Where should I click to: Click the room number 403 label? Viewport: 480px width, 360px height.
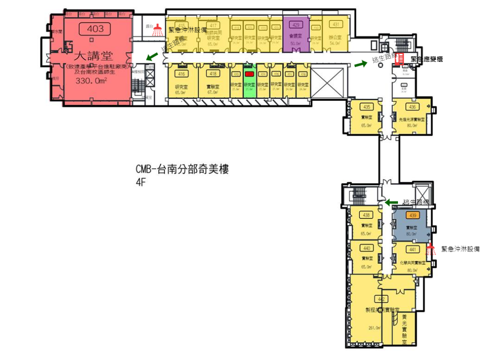click(x=95, y=29)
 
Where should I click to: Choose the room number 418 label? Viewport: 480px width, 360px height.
click(x=213, y=74)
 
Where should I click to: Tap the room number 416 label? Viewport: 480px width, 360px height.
click(x=180, y=74)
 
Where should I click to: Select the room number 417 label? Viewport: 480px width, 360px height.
click(x=213, y=25)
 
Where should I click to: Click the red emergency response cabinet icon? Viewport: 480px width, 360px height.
click(x=401, y=60)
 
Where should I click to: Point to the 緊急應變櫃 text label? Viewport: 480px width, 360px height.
click(x=426, y=59)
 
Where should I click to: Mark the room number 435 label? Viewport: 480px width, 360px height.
click(x=367, y=107)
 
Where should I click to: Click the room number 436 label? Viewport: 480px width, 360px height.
click(x=412, y=107)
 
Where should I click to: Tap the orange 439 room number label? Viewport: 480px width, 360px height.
click(x=412, y=216)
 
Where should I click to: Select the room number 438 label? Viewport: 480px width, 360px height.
click(x=367, y=216)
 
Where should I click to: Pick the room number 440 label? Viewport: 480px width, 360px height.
click(x=367, y=248)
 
